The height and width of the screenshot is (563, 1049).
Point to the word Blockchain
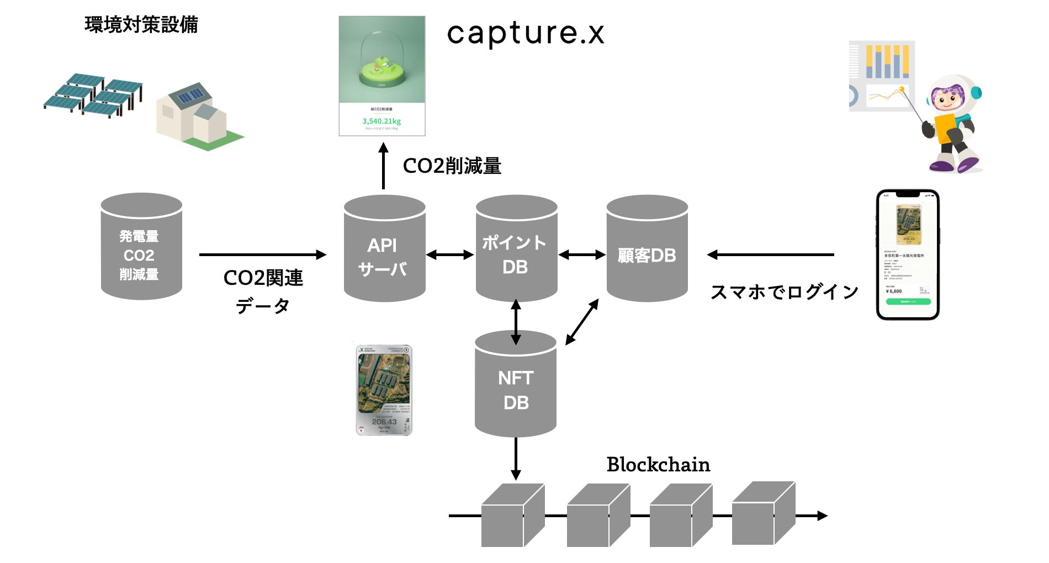pos(658,465)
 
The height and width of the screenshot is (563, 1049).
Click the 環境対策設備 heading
pos(141,25)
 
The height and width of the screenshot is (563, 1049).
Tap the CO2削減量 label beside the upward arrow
pos(452,166)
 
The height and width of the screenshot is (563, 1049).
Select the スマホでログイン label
pos(784,291)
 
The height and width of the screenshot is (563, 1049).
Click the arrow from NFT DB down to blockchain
pos(516,458)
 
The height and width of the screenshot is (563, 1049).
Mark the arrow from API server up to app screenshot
pos(384,166)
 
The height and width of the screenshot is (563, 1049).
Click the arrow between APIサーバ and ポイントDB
pos(451,254)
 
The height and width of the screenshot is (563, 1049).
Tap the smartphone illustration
pos(908,254)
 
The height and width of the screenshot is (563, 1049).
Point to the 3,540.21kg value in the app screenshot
pos(382,121)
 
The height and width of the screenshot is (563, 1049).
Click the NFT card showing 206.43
pos(384,390)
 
